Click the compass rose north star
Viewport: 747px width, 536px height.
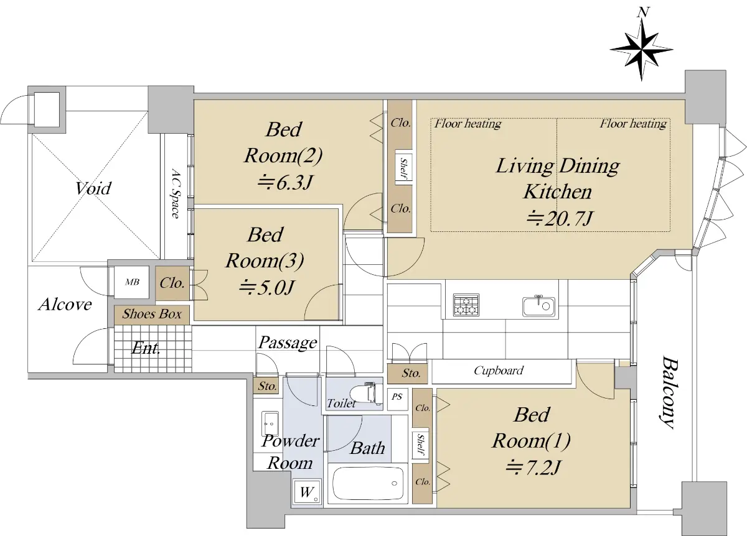coord(642,50)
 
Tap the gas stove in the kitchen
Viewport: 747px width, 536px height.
coord(466,305)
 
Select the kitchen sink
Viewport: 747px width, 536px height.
coord(538,306)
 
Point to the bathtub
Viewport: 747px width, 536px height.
coord(367,484)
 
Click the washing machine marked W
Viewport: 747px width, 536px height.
coord(307,492)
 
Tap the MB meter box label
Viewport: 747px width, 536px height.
coord(132,282)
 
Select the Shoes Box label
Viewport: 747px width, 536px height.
coord(152,314)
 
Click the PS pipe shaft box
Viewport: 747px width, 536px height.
coord(397,399)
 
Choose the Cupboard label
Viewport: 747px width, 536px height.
coord(499,371)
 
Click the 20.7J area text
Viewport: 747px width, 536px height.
coord(559,218)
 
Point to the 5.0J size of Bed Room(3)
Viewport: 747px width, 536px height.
coord(267,287)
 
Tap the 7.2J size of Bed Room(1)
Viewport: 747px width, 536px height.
coord(533,467)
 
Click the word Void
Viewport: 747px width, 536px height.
coord(93,188)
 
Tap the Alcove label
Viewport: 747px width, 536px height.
coord(65,305)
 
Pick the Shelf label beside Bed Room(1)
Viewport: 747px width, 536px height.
coord(421,445)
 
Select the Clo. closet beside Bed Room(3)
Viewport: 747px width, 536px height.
coord(172,283)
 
